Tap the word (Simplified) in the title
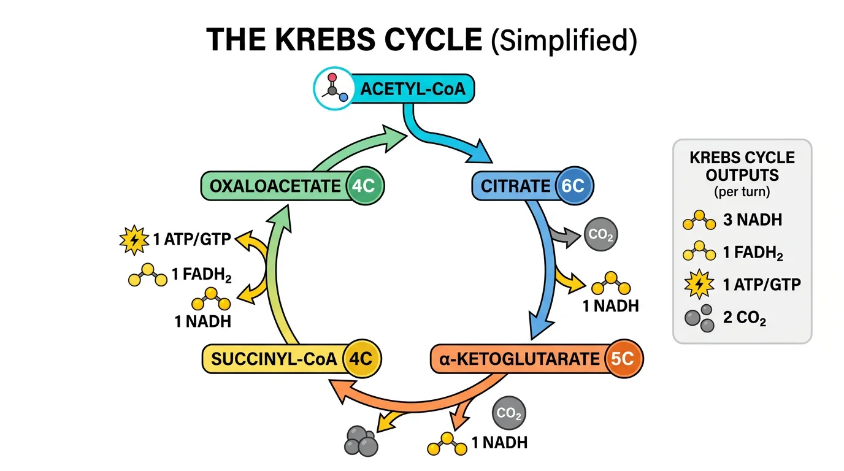tap(564, 40)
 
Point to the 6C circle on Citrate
tap(574, 186)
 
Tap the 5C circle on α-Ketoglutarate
tap(623, 359)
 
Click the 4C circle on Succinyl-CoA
tap(360, 359)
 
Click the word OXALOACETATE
tap(275, 186)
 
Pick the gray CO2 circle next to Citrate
tap(600, 234)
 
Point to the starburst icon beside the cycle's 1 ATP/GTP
tap(133, 239)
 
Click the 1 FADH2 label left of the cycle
tap(201, 275)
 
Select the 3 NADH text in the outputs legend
tap(753, 220)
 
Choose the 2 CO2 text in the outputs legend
tap(744, 319)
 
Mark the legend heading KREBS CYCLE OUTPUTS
tap(742, 166)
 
